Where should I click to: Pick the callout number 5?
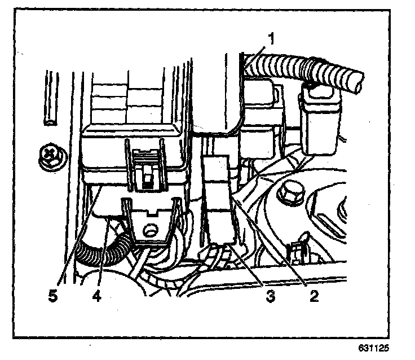tap(52, 296)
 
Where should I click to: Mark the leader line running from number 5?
tap(76, 237)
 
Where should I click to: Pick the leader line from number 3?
tap(248, 265)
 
